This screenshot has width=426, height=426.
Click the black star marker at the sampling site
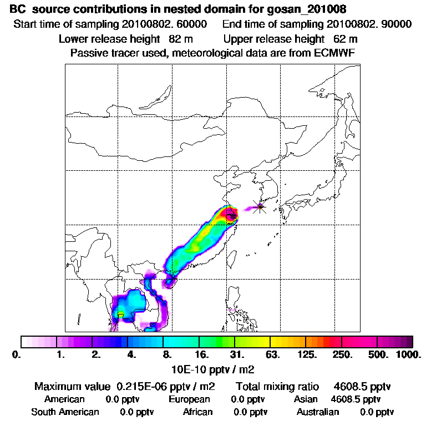pyautogui.click(x=260, y=207)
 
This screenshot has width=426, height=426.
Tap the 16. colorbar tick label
pyautogui.click(x=202, y=354)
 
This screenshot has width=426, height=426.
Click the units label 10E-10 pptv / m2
pyautogui.click(x=213, y=368)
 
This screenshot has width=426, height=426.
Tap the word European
pyautogui.click(x=189, y=399)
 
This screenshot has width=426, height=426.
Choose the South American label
pyautogui.click(x=65, y=412)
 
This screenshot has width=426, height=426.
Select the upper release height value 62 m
pyautogui.click(x=346, y=39)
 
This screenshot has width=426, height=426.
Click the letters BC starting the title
pyautogui.click(x=18, y=9)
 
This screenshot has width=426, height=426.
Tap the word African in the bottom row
pyautogui.click(x=198, y=412)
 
